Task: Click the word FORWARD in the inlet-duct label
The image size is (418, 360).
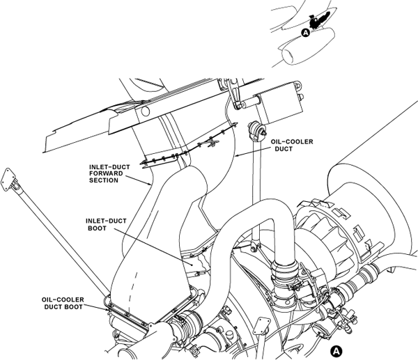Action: click(107, 174)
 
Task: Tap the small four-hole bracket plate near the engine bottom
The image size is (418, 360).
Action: click(263, 324)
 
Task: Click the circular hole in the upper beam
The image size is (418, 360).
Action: click(146, 111)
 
